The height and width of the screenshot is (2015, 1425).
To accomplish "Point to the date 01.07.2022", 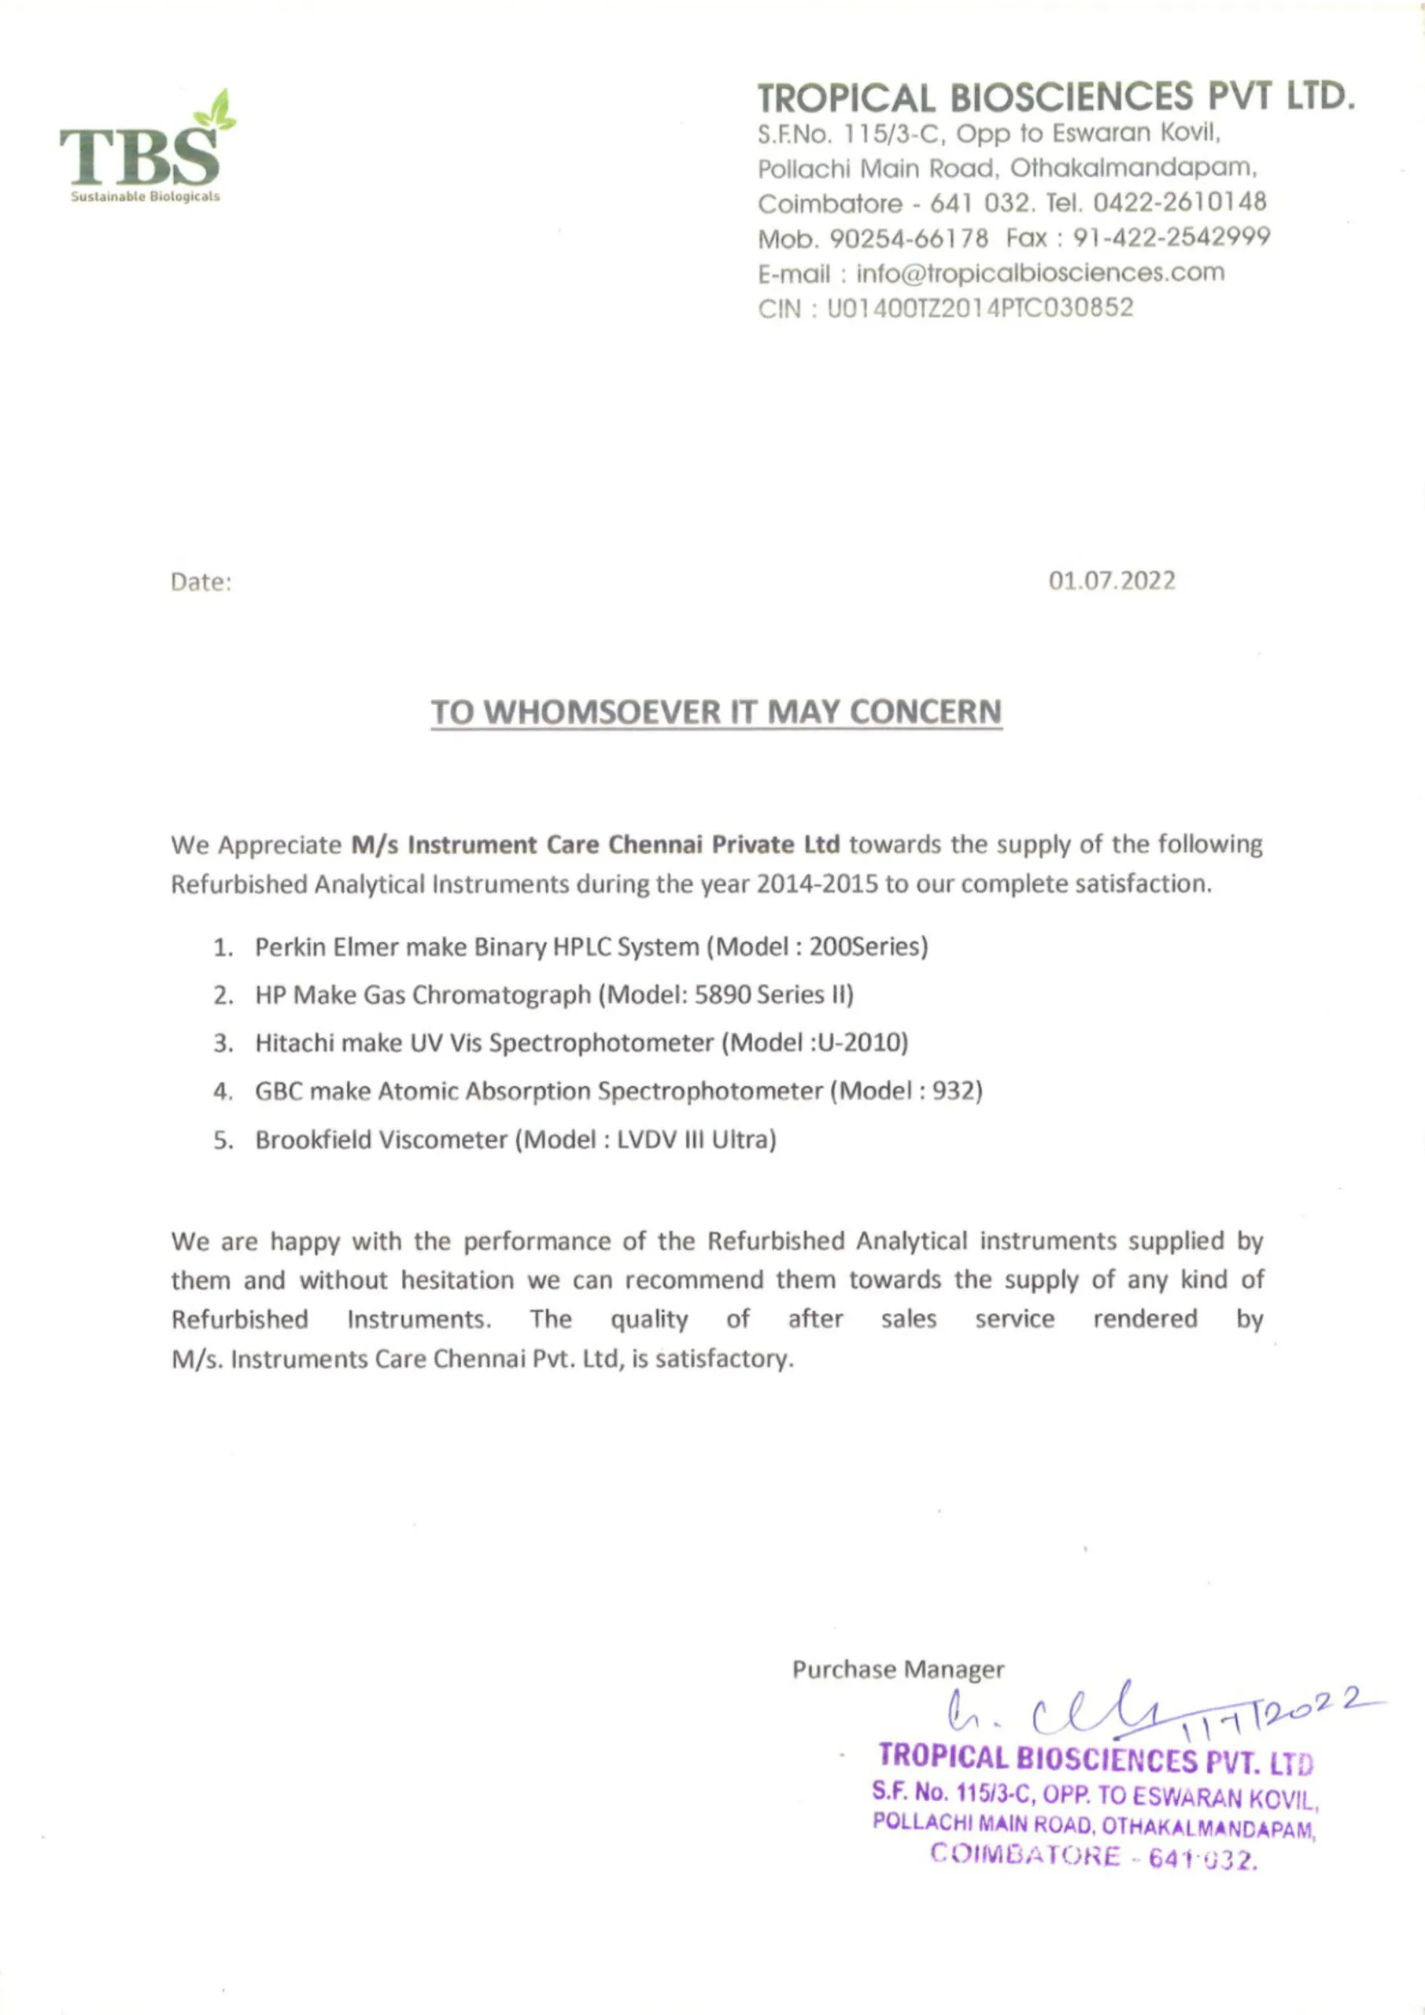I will tap(1112, 581).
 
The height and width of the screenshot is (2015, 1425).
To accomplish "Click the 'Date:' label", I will tap(201, 582).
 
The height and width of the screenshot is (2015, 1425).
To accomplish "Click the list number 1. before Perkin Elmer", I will tap(223, 948).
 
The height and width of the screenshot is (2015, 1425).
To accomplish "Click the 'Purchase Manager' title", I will tap(898, 1669).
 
